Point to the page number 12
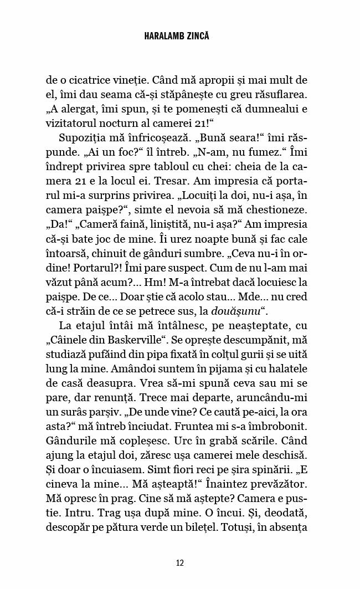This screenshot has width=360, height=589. click(x=179, y=563)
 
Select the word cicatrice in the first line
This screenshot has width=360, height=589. click(x=91, y=80)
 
